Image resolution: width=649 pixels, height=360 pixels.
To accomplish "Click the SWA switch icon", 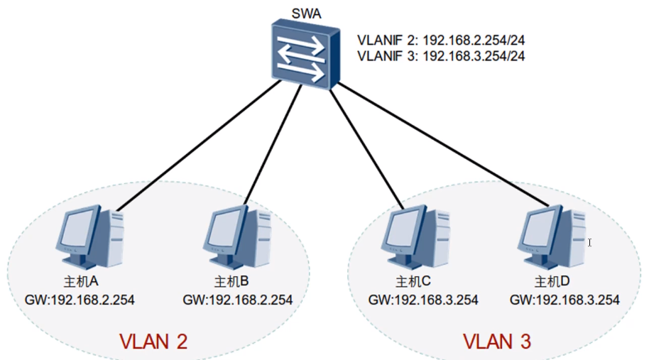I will point(302,53).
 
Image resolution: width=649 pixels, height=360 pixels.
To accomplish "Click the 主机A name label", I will point(78,282).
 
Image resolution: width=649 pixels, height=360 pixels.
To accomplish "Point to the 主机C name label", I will point(414,282).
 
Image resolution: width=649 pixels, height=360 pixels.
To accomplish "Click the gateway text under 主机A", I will point(79,300).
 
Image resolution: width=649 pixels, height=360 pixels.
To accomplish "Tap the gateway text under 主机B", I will point(238,300).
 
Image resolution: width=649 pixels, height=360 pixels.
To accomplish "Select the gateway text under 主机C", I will point(423,300).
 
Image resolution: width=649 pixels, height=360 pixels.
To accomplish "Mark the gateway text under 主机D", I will point(565,300).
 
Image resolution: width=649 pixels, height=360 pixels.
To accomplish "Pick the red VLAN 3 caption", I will point(496,342).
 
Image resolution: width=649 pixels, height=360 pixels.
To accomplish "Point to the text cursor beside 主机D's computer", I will point(589,243).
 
